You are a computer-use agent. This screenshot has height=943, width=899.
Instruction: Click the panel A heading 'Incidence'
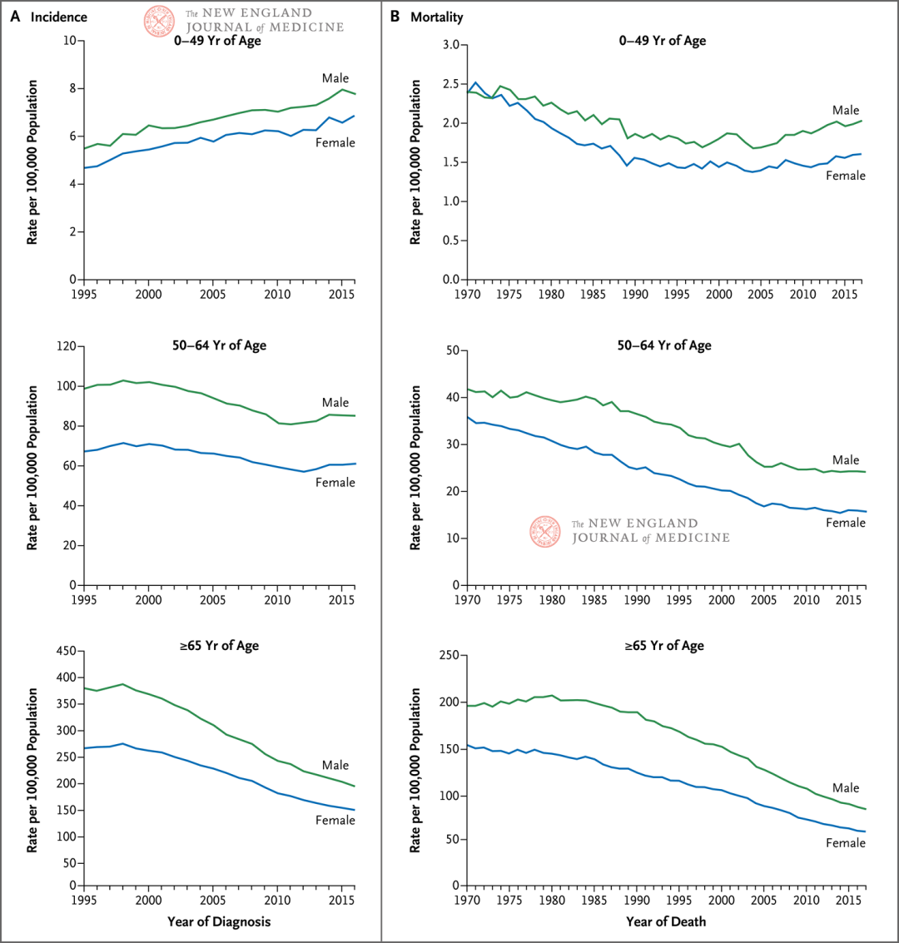click(58, 17)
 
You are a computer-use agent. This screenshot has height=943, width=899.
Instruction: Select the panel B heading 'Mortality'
click(436, 17)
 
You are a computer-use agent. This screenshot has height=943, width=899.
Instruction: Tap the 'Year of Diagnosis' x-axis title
click(217, 921)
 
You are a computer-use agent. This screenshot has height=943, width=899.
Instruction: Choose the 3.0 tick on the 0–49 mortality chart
click(449, 45)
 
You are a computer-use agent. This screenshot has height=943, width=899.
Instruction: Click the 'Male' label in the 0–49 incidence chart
click(335, 78)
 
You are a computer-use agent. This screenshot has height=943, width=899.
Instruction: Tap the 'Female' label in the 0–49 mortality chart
click(845, 176)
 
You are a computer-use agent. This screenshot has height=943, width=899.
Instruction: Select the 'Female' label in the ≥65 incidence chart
click(335, 820)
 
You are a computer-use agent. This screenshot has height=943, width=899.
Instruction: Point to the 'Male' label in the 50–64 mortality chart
click(846, 460)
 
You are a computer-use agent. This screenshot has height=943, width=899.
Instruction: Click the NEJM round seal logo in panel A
click(157, 20)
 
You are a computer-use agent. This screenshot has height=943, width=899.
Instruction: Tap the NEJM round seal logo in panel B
click(545, 531)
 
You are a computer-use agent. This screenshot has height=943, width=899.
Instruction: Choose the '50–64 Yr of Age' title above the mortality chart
click(663, 345)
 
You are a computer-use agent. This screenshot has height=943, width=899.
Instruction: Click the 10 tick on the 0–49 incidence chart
click(71, 41)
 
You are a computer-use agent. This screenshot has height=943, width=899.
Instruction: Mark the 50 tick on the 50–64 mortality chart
click(450, 350)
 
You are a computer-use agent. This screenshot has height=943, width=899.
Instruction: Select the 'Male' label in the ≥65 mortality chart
click(846, 787)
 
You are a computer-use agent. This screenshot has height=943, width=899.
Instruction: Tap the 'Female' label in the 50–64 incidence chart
click(335, 483)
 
